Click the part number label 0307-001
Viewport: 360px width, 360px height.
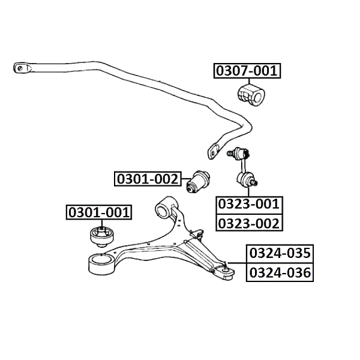point(247,71)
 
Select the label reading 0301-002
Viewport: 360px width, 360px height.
point(148,179)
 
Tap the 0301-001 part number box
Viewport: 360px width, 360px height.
point(99,212)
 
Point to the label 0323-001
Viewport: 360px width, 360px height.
point(249,204)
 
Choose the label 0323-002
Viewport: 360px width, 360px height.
point(249,223)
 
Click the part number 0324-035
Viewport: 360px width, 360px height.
point(280,253)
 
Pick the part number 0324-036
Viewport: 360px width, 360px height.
point(280,272)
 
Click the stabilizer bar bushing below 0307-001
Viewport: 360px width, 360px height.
point(251,95)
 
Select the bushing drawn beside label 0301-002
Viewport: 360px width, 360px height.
point(197,181)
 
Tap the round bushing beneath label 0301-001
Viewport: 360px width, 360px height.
point(102,237)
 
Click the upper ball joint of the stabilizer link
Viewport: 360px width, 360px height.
point(239,153)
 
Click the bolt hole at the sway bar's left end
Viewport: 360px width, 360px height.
point(20,68)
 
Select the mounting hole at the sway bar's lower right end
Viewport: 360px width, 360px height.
point(213,153)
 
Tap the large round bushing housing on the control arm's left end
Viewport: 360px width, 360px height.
point(101,264)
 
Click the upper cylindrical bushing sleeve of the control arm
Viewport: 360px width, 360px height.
point(166,206)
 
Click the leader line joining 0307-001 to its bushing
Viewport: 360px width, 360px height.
point(248,81)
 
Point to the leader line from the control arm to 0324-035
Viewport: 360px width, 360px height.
point(236,263)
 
